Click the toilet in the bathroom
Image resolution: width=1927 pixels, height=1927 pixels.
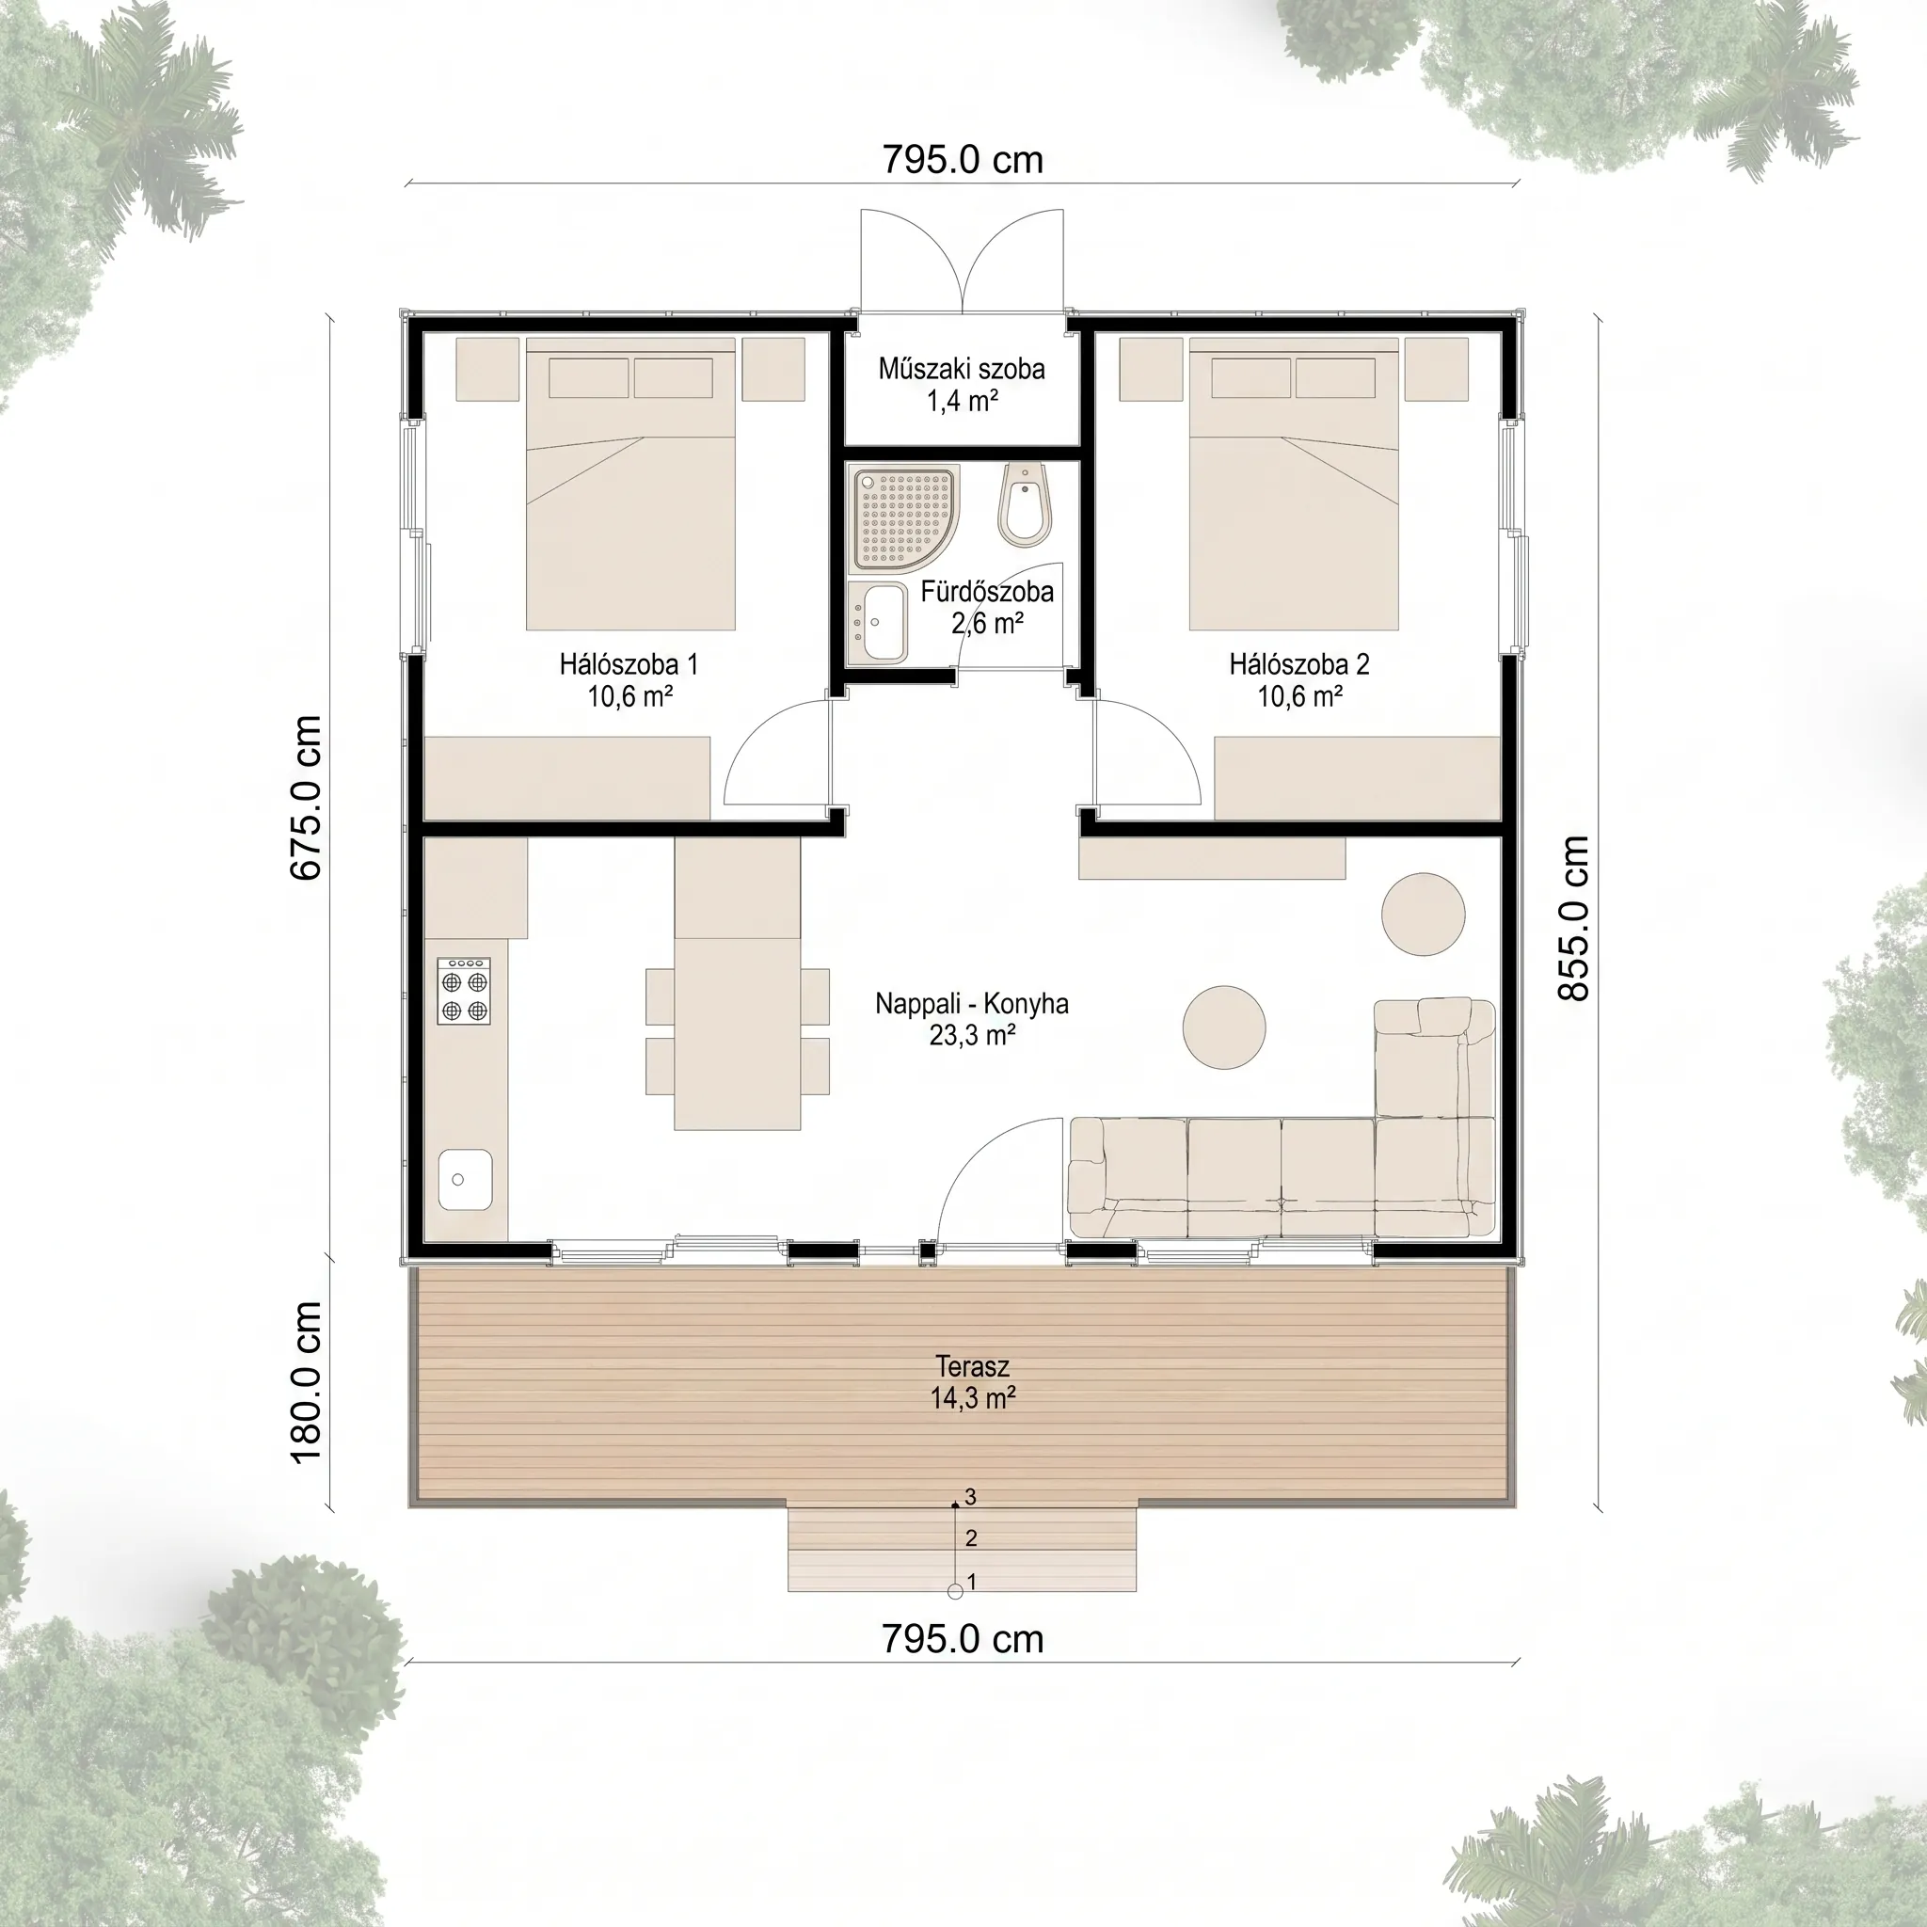[x=1026, y=504]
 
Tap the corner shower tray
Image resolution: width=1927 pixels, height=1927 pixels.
[x=903, y=518]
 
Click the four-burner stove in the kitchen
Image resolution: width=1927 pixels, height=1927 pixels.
[x=464, y=991]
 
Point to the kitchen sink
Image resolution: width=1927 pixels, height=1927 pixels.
[x=465, y=1180]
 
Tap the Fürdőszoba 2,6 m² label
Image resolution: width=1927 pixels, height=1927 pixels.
[x=986, y=608]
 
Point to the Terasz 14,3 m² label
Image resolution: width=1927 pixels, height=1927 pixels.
[x=973, y=1382]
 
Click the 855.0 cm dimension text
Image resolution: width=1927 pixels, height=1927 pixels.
[x=1573, y=917]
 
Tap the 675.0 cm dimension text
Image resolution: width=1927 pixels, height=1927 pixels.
[x=305, y=798]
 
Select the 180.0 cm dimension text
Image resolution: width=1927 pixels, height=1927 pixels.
[x=305, y=1382]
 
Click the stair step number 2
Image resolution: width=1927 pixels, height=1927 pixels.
[x=971, y=1538]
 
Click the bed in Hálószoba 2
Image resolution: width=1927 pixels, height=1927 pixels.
[x=1294, y=484]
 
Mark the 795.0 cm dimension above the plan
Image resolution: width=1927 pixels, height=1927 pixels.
[x=963, y=160]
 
